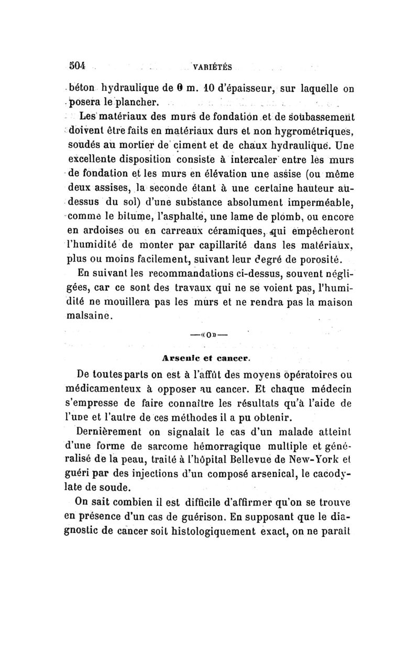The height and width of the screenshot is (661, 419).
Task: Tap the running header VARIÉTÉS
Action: click(213, 67)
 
